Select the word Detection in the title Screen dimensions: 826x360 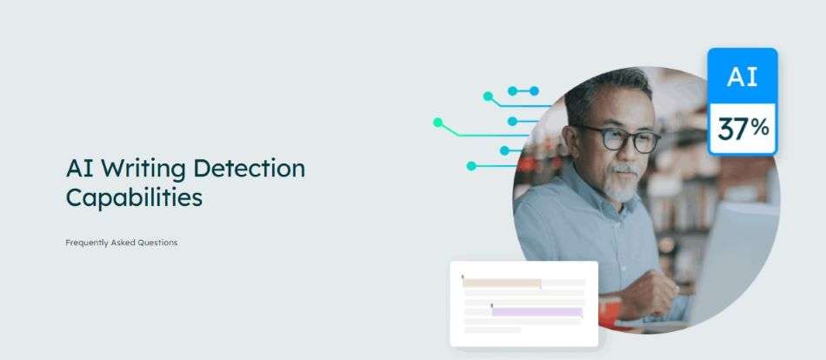(x=250, y=168)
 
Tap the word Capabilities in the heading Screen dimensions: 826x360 (x=134, y=198)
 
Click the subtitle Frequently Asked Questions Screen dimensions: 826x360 (x=121, y=243)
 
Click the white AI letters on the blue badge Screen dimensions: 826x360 (x=743, y=77)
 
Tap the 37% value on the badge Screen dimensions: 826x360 (x=743, y=129)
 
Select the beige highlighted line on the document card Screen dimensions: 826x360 (x=502, y=283)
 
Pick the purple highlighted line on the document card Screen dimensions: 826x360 (x=536, y=312)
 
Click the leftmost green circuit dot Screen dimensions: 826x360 (x=437, y=123)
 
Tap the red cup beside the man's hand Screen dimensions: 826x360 (x=609, y=312)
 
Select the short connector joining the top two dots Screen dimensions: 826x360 (x=523, y=91)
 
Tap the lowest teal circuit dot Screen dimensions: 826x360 (x=471, y=166)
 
